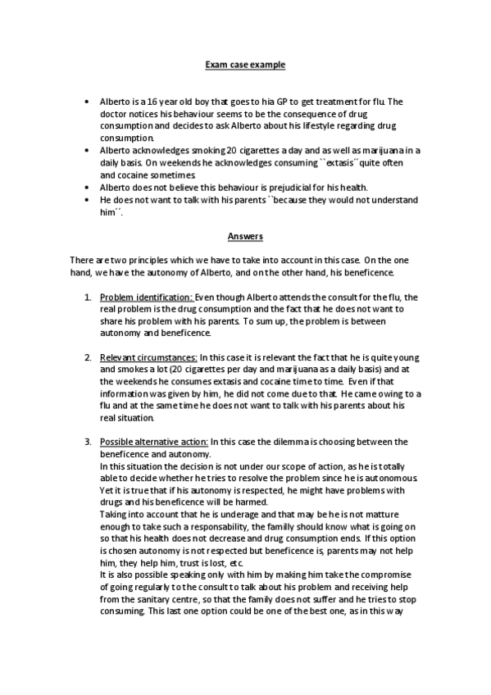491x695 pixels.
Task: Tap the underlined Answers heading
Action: pos(245,237)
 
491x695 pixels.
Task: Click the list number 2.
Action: pos(88,358)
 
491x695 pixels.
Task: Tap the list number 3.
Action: pos(88,442)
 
